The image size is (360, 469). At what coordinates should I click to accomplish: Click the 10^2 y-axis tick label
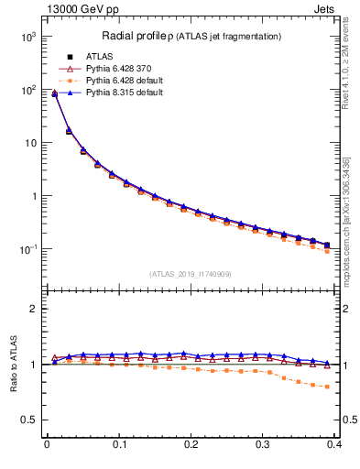28,90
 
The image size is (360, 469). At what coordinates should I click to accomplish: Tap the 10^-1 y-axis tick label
28,249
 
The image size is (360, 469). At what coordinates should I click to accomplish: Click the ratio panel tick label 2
33,309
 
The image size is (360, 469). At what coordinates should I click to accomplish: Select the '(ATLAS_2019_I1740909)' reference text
191,274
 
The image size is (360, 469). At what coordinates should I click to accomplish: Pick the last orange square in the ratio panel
328,386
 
